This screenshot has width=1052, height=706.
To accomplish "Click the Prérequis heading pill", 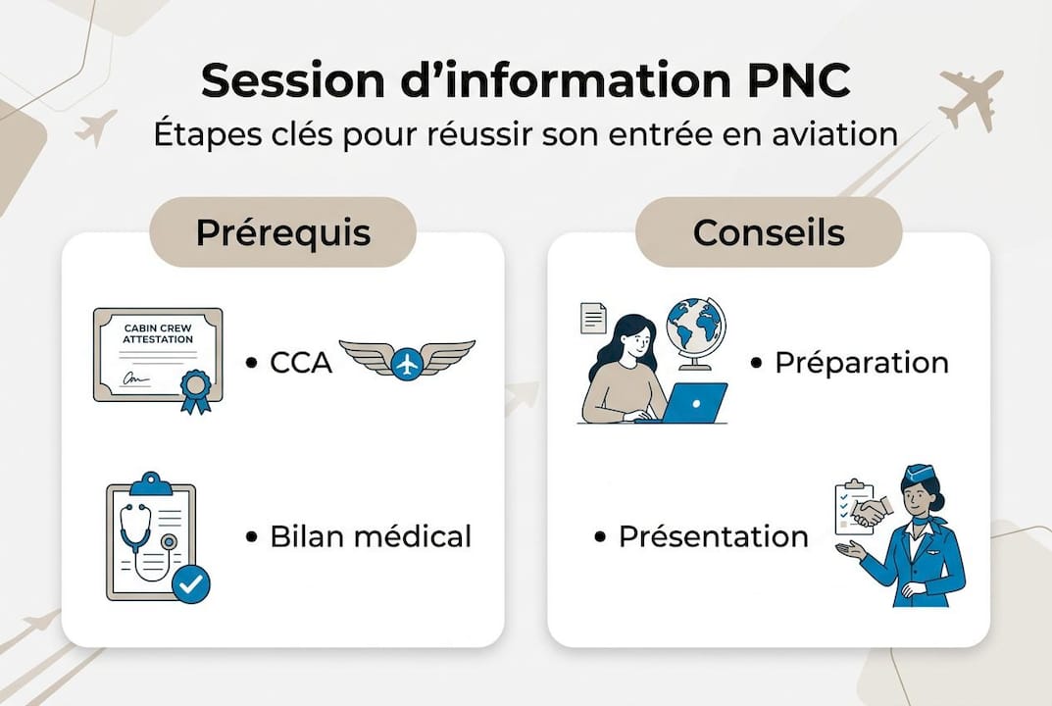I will tap(282, 232).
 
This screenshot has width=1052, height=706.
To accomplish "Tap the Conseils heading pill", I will tap(769, 232).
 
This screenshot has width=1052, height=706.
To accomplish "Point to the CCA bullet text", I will tap(301, 363).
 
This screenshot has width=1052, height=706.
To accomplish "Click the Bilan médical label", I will tap(371, 536).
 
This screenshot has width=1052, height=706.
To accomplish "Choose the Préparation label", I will tap(861, 363).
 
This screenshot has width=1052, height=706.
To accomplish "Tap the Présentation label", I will tap(713, 536).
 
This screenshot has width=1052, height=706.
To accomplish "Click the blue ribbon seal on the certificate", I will tap(195, 388).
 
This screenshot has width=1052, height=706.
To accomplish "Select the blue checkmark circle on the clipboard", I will tap(190, 584).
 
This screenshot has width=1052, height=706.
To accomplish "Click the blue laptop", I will tap(694, 401).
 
